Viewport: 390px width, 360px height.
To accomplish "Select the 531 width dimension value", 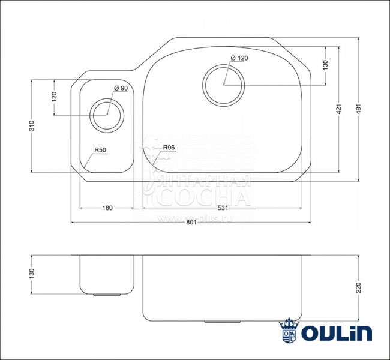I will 222,208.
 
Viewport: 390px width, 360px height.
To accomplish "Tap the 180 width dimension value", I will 107,208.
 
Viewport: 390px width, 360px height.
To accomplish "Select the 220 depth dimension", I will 358,287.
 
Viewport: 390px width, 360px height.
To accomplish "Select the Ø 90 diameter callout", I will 120,89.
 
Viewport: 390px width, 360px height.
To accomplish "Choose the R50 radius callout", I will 100,150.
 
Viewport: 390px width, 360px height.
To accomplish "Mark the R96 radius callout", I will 169,148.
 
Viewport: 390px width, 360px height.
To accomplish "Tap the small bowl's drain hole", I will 107,114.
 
